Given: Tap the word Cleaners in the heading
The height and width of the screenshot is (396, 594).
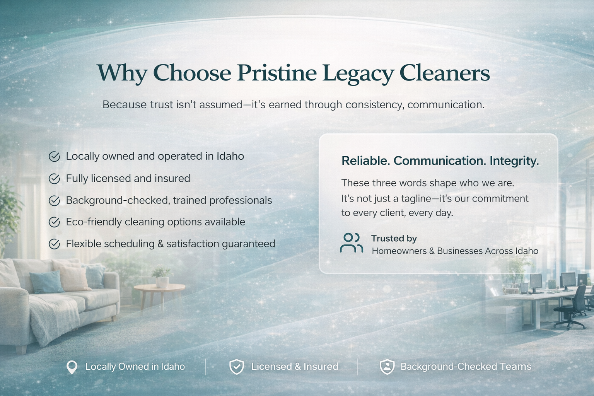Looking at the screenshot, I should pos(444,72).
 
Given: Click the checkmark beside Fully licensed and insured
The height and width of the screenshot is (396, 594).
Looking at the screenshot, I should pos(54,179).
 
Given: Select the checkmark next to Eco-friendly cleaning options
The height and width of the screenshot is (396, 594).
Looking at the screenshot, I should pos(54,222).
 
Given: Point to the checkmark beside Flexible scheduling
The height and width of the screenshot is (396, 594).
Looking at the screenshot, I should pos(54,244).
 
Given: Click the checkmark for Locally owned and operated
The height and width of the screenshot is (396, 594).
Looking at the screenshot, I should pos(54,156).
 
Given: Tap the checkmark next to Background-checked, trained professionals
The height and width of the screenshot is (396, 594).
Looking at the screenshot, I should pos(54,201).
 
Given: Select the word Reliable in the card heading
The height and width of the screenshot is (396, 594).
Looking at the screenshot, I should pos(365,161).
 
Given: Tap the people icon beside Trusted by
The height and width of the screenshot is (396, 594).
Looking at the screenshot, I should pos(351,243).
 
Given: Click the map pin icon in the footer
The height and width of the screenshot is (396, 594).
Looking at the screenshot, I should pos(72,367).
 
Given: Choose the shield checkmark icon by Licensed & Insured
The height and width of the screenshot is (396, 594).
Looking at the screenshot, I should pos(236,367).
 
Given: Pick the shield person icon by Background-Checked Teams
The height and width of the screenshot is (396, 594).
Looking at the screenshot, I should pos(387,367).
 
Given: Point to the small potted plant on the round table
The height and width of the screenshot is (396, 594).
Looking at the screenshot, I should pos(161,277).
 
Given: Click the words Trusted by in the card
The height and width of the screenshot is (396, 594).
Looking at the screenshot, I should pos(394,239).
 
